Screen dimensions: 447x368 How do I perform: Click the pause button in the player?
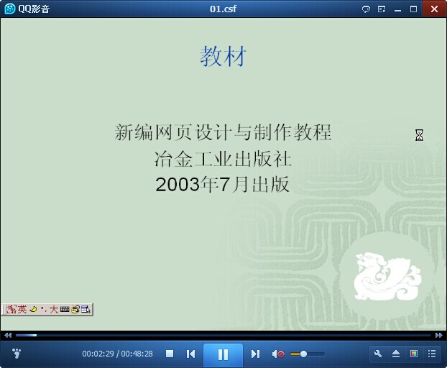[x=223, y=354]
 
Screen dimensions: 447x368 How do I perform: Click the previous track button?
[x=190, y=354]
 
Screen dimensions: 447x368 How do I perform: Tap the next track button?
[x=255, y=354]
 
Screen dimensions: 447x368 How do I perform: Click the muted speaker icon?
[x=278, y=354]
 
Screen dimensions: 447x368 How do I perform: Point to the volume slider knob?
[x=303, y=354]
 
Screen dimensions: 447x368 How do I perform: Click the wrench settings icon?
[x=378, y=354]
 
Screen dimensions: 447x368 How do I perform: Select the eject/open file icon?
[x=396, y=354]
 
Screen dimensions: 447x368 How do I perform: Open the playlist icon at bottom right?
[x=432, y=354]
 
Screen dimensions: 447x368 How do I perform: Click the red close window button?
[x=435, y=9]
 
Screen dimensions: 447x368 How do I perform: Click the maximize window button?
[x=413, y=9]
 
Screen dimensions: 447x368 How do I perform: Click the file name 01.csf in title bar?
[x=223, y=9]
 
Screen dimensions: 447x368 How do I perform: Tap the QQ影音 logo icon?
[x=9, y=9]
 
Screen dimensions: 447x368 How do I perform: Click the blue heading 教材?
[x=223, y=57]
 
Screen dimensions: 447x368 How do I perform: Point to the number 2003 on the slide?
[x=178, y=185]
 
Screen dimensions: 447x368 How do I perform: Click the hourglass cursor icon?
[x=419, y=135]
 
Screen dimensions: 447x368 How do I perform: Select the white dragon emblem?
[x=387, y=276]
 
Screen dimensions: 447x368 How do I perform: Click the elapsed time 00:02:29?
[x=98, y=354]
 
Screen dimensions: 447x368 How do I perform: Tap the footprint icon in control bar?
[x=17, y=354]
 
